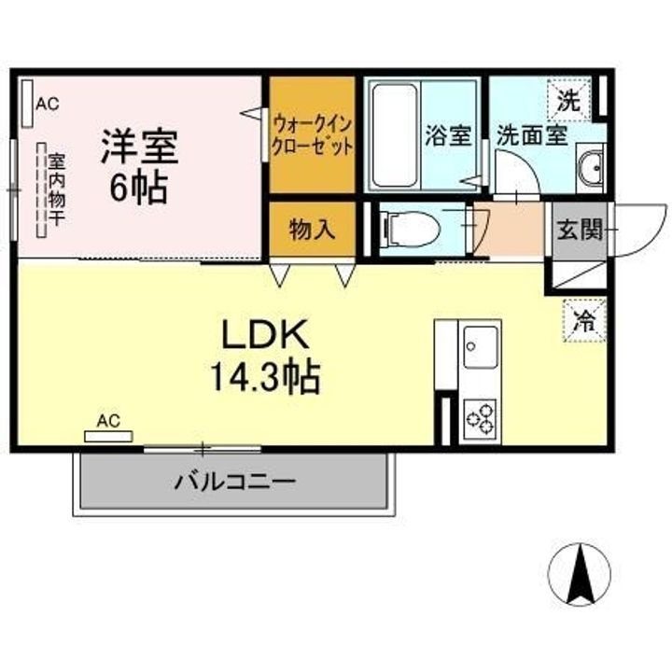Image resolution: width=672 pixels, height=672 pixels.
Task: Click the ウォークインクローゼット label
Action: (x=313, y=134)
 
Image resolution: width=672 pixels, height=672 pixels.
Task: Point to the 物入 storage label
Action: (x=312, y=230)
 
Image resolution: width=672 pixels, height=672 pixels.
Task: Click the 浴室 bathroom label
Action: (x=448, y=135)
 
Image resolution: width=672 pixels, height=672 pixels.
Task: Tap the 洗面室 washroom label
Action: (x=531, y=135)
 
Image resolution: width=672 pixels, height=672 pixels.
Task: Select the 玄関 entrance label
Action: (x=579, y=230)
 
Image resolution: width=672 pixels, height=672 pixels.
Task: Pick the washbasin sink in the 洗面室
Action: (x=592, y=168)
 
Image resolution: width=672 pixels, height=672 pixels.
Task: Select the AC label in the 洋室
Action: (x=47, y=104)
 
